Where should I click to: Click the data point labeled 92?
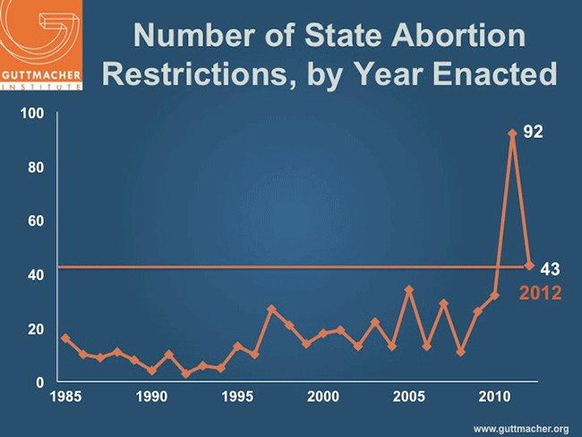point(512,133)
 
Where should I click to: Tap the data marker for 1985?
point(65,338)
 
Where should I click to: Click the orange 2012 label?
point(541,292)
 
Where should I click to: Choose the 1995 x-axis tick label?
point(237,397)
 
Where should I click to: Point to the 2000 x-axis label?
point(323,397)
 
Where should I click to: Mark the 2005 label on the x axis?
point(409,397)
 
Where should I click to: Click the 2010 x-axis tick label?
point(494,397)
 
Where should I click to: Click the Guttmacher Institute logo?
point(44,45)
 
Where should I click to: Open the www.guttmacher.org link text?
point(522,427)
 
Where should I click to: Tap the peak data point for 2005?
point(409,290)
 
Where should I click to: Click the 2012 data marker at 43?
point(529,266)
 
